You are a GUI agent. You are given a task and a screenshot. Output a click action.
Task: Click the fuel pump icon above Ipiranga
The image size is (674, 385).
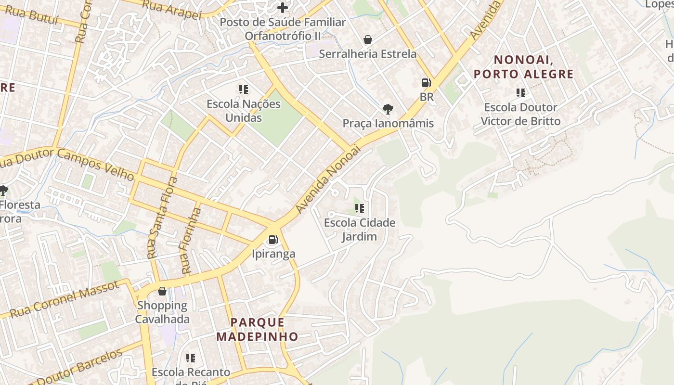coord(273,239)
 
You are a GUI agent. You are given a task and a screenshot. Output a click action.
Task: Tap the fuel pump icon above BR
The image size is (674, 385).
coord(426,83)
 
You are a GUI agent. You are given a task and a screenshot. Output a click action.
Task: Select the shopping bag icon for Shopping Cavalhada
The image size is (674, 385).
coord(162,291)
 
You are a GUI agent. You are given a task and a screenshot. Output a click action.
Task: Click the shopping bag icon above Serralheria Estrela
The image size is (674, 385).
coord(368,39)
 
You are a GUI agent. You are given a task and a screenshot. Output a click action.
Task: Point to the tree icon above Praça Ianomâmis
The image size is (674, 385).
coord(388,109)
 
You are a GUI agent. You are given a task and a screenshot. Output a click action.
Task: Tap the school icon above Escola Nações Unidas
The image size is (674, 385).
coord(244,90)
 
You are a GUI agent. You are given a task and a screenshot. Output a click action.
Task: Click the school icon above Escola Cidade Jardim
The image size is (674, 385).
coord(360,208)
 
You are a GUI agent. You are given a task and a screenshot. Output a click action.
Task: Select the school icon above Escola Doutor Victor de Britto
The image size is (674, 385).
coord(520,92)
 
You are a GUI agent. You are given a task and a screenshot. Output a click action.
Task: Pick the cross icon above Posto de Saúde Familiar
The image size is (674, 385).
coord(283,8)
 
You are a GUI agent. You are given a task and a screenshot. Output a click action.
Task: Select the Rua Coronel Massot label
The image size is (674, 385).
coord(64,299)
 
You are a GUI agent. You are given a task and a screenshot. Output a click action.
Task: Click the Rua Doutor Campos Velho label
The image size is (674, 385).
coord(67,164)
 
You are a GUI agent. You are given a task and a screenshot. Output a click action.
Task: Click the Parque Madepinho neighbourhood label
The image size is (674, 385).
coord(257,329)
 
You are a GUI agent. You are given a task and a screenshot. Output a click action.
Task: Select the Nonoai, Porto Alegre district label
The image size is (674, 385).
coord(524,67)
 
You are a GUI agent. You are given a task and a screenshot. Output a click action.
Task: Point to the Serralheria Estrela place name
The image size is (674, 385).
coord(368,53)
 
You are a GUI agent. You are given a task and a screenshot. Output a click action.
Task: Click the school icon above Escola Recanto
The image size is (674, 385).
coord(191,358)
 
